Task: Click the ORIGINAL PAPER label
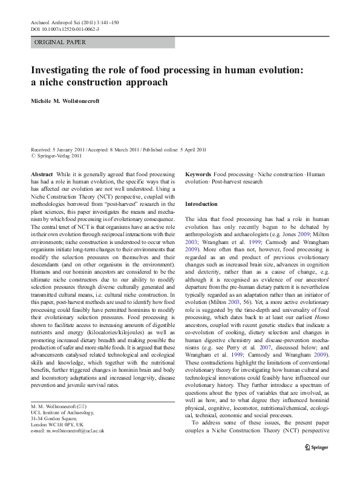coord(60,42)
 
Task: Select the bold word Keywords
coord(198,174)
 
